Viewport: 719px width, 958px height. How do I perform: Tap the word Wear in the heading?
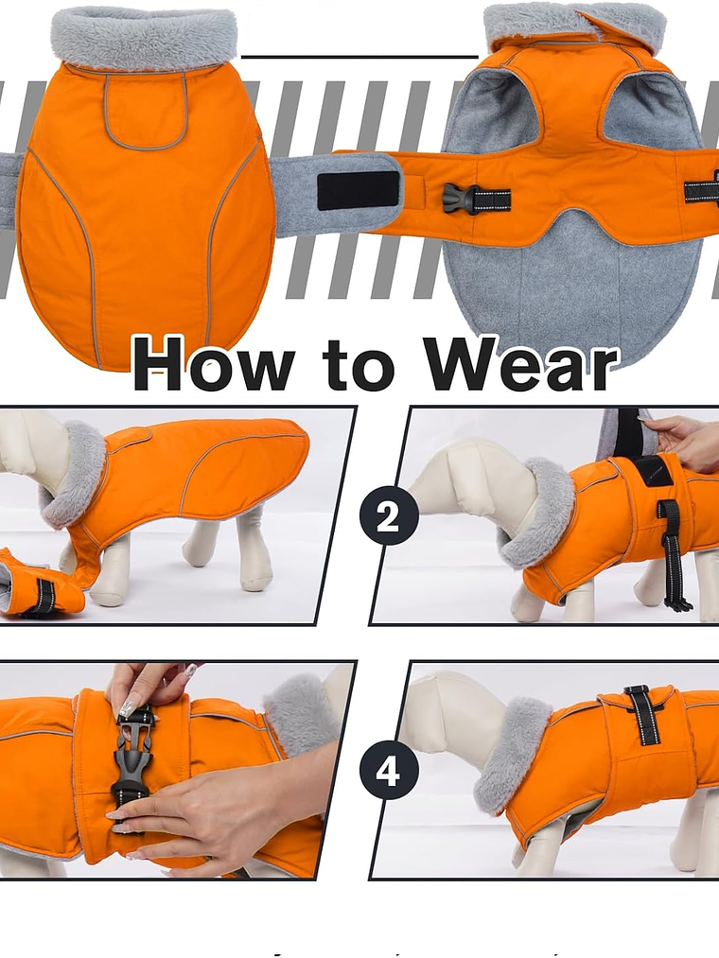pos(519,364)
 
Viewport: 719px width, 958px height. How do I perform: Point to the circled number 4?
pos(388,772)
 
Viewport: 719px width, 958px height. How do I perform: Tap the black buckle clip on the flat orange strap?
pos(461,199)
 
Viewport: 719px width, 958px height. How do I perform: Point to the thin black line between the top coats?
pos(359,57)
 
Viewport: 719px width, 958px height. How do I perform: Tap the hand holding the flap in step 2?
pos(686,440)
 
